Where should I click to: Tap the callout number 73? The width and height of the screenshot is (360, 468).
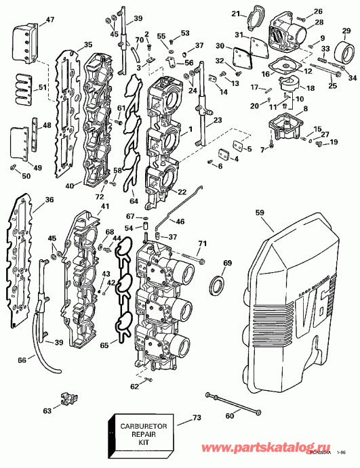click(197, 418)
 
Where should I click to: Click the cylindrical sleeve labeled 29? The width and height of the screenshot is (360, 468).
click(343, 51)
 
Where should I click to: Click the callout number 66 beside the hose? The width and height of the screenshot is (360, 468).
click(22, 360)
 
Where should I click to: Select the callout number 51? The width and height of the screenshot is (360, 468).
click(42, 87)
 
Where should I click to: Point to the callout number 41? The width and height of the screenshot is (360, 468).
click(104, 206)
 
